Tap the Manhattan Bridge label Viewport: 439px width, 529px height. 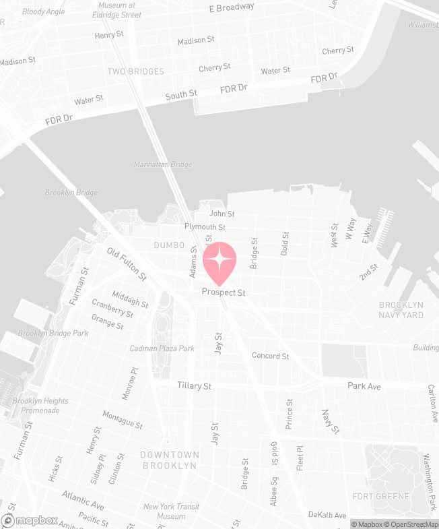162,164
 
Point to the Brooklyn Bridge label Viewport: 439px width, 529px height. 71,193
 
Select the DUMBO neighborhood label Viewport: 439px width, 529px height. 169,245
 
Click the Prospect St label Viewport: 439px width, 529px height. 224,293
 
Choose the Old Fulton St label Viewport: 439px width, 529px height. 127,263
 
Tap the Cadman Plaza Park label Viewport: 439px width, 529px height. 162,348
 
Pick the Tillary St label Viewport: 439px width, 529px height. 195,386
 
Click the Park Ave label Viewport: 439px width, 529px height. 364,386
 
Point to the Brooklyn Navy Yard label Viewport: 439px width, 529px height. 401,310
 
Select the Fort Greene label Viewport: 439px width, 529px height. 380,497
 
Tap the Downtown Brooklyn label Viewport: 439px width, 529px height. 169,460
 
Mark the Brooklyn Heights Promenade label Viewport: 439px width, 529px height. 40,406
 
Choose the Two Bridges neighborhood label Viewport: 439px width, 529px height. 135,71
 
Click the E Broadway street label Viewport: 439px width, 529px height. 232,7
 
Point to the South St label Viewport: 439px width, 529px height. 181,95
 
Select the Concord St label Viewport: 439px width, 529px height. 270,356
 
